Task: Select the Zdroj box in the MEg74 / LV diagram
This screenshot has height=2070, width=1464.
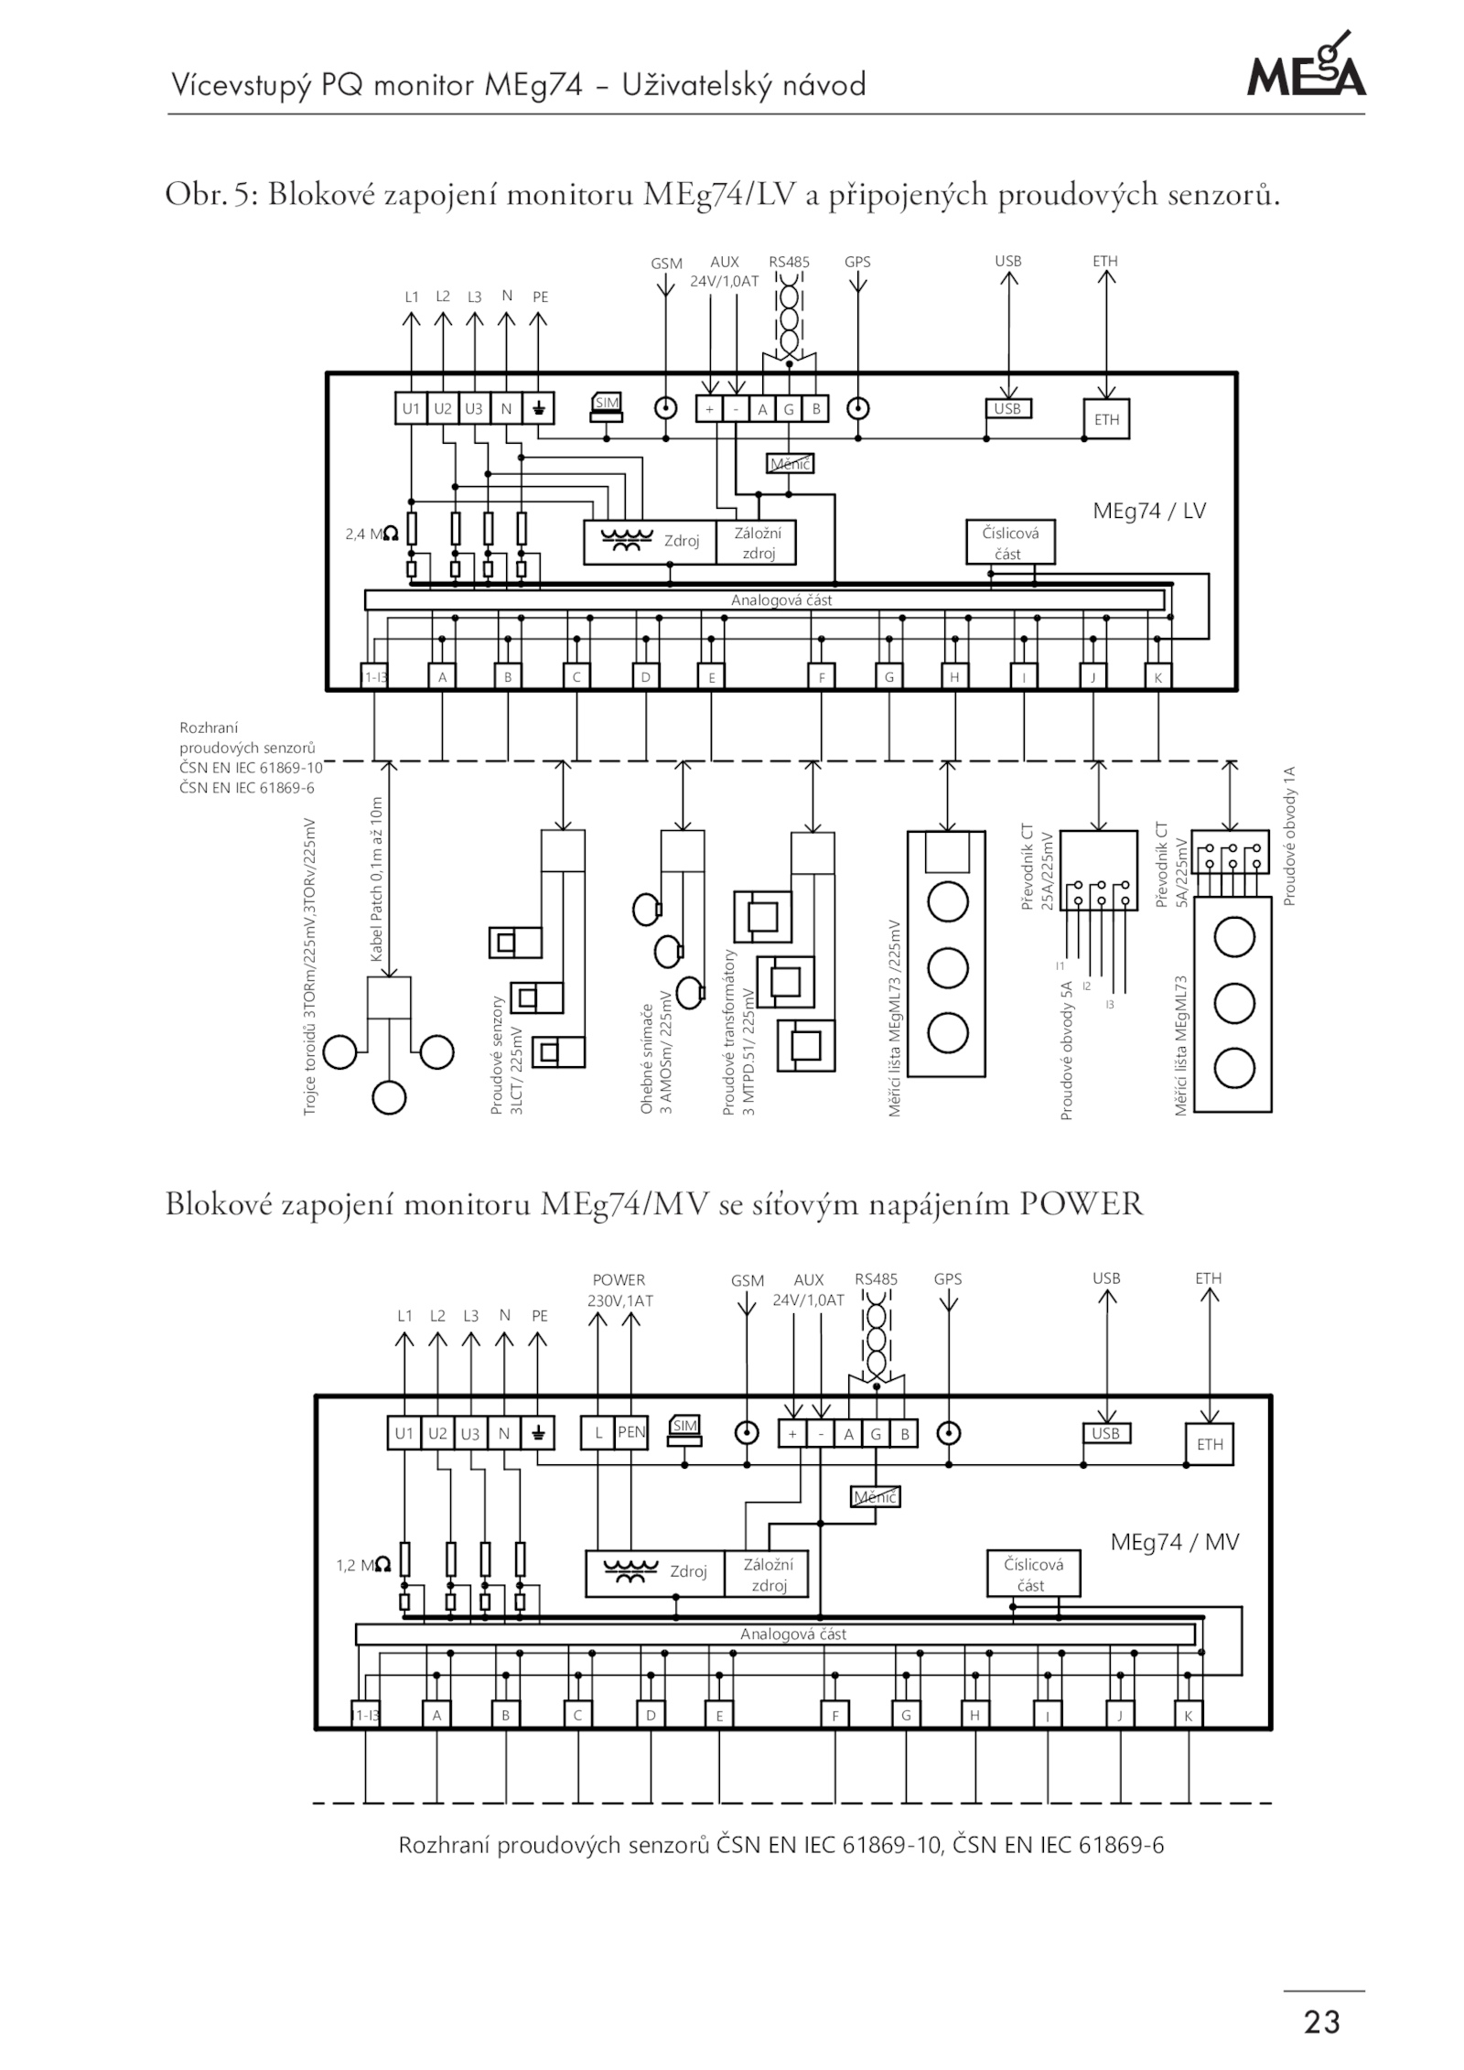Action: pyautogui.click(x=650, y=542)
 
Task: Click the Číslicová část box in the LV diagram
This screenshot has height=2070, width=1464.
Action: pyautogui.click(x=1010, y=542)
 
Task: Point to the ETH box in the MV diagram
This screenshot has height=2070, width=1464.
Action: pyautogui.click(x=1209, y=1445)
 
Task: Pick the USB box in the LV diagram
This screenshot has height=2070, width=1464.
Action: pyautogui.click(x=1007, y=409)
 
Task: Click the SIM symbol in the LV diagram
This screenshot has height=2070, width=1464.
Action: pyautogui.click(x=606, y=407)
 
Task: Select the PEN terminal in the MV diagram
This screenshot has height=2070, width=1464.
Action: pyautogui.click(x=631, y=1433)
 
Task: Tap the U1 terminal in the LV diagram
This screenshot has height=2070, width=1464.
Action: pyautogui.click(x=411, y=409)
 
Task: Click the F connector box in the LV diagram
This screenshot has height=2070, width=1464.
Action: pyautogui.click(x=822, y=677)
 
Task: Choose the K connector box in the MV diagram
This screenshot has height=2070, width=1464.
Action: pyautogui.click(x=1188, y=1716)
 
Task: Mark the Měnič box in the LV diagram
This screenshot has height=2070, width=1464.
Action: pyautogui.click(x=790, y=464)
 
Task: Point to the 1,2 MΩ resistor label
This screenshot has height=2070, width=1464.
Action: pyautogui.click(x=363, y=1566)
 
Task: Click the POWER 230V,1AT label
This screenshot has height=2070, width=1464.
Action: pyautogui.click(x=619, y=1289)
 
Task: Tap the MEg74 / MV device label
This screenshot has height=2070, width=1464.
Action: pyautogui.click(x=1174, y=1542)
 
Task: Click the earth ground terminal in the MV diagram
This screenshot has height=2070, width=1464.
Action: pyautogui.click(x=537, y=1434)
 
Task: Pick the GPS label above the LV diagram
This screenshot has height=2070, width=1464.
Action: pyautogui.click(x=857, y=262)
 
